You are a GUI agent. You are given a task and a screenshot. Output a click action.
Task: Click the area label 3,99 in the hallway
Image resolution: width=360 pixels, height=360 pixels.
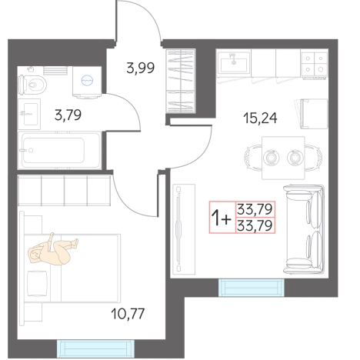pos(141,68)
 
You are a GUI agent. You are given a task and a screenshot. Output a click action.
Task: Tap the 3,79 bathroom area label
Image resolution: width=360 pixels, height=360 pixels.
pos(68,115)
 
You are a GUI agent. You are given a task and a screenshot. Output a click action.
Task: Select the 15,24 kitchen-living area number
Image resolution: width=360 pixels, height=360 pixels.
pos(260,118)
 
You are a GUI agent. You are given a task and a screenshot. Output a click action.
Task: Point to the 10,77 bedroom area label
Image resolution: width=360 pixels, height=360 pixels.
pos(128,314)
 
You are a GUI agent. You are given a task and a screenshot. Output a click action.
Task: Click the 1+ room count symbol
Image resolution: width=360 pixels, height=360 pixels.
pos(221,218)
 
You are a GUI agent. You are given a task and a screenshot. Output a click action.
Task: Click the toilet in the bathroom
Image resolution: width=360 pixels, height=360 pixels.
pos(32,84)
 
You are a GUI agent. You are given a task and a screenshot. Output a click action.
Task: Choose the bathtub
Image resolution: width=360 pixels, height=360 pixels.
pos(59,150)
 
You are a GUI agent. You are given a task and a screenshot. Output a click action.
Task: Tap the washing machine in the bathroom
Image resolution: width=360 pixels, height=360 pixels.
pos(87,82)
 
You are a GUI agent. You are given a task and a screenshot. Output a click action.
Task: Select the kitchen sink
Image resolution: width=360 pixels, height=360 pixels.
pos(234,63)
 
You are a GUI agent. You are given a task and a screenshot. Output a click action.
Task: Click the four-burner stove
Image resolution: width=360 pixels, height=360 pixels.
pos(315,64)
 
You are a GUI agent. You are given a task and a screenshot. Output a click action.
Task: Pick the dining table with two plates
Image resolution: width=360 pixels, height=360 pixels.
pos(283,158)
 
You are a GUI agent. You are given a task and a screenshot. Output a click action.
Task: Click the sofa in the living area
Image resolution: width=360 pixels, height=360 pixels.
pos(304,229)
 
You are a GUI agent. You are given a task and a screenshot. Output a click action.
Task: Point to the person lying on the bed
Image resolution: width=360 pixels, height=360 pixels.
pos(52,250)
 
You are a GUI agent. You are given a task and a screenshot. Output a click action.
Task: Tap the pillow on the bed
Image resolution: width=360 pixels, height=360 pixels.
pos(37,284)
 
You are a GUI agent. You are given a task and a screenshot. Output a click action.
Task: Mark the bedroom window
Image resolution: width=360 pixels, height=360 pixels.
pos(95,348)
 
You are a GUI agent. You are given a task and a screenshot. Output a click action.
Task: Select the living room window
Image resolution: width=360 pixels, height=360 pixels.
pos(252,288)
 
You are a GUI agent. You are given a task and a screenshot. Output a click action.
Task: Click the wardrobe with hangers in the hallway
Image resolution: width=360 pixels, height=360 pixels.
pos(181,81)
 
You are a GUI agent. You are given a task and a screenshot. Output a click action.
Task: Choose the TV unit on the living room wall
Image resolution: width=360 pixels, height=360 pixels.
pos(184,229)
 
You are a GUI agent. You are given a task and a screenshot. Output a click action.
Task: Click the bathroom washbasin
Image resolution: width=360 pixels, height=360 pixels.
pos(29,114)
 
